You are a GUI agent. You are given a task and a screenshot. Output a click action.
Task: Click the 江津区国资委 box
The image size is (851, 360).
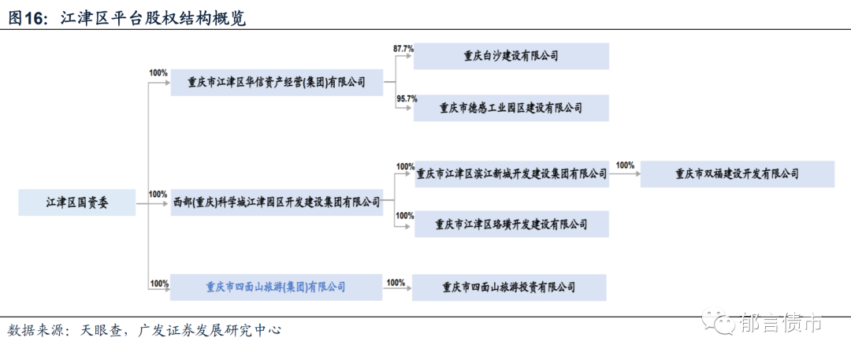[76, 202]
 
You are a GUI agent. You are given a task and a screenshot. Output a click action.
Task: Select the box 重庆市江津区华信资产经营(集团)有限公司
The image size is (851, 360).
[276, 82]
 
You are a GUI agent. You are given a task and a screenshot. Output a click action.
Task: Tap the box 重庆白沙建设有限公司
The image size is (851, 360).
[511, 56]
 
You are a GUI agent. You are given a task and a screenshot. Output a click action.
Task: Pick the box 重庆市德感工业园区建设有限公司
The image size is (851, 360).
[511, 108]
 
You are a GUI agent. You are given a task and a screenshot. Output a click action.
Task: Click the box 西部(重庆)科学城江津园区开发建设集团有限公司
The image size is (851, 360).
[276, 202]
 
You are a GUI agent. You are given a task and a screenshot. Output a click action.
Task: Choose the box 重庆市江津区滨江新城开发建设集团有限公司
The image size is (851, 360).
[511, 173]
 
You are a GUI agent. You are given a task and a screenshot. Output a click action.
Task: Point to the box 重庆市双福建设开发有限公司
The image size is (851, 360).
[737, 173]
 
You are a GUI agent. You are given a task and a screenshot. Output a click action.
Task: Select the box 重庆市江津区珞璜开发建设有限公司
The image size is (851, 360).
[511, 225]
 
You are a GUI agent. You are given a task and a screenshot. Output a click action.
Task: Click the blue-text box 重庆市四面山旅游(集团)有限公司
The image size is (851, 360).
[276, 288]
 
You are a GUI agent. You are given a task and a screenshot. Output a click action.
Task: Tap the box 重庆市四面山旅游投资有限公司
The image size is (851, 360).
[509, 288]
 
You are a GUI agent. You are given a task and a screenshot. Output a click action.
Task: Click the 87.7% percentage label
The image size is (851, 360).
[403, 49]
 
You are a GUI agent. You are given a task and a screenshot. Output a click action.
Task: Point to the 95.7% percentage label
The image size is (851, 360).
[406, 99]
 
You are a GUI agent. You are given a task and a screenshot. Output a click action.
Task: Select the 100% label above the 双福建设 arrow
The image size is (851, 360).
[625, 165]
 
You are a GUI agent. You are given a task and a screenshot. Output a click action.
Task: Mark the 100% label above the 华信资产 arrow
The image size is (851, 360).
[158, 73]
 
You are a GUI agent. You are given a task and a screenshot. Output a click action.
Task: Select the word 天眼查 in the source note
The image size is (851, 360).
[102, 330]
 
